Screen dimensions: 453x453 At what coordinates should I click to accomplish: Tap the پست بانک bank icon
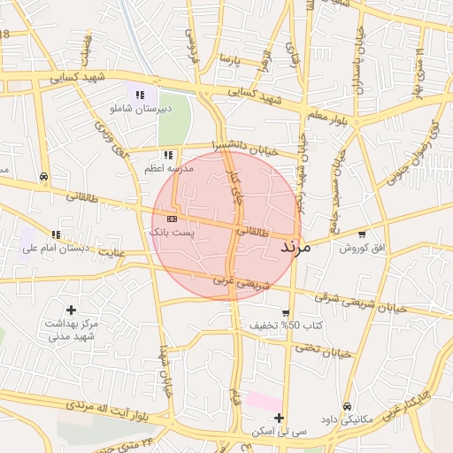[x=171, y=218]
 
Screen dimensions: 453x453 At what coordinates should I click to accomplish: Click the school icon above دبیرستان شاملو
[x=139, y=95]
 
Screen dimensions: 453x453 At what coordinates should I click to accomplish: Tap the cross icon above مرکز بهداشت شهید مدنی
[x=71, y=310]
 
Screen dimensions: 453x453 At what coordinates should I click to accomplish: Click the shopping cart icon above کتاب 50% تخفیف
[x=285, y=313]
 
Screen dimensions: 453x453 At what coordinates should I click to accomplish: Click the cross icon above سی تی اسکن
[x=280, y=418]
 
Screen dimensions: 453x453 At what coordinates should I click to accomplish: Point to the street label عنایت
[x=111, y=254]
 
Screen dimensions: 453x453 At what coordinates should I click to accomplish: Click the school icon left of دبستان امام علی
[x=56, y=234]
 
